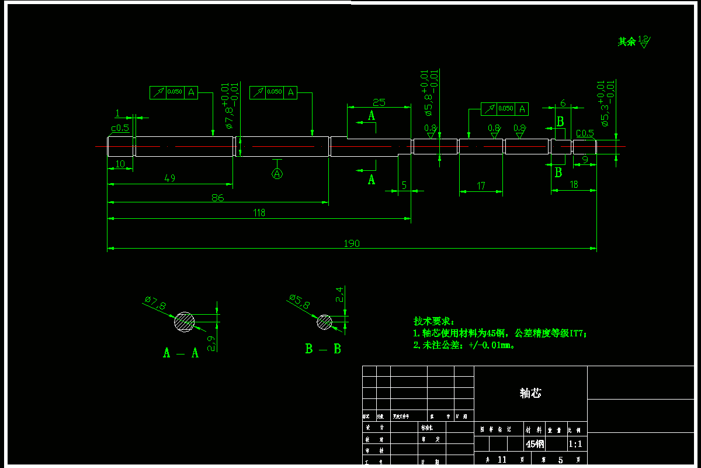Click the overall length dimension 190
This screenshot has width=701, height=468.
click(352, 243)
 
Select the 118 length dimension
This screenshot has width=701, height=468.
click(259, 213)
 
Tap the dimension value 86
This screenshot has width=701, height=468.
click(217, 198)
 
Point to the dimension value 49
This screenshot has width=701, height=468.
click(170, 178)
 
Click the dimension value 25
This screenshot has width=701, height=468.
click(379, 102)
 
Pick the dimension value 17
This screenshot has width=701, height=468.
click(481, 186)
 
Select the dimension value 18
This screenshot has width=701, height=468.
click(574, 184)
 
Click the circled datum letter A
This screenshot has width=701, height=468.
click(277, 174)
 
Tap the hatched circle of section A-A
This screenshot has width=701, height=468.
click(185, 322)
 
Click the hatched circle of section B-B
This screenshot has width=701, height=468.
click(325, 322)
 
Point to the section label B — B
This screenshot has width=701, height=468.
click(323, 349)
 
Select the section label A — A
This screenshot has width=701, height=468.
click(181, 353)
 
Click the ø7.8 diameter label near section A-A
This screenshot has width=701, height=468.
click(155, 303)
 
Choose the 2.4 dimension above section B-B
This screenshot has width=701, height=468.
click(339, 294)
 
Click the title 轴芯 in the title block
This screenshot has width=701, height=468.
click(530, 393)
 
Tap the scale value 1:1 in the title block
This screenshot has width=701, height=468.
click(575, 444)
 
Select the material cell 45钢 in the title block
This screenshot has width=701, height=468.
click(535, 444)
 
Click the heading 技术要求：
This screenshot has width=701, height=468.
click(433, 321)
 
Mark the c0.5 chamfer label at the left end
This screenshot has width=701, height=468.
click(120, 128)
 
